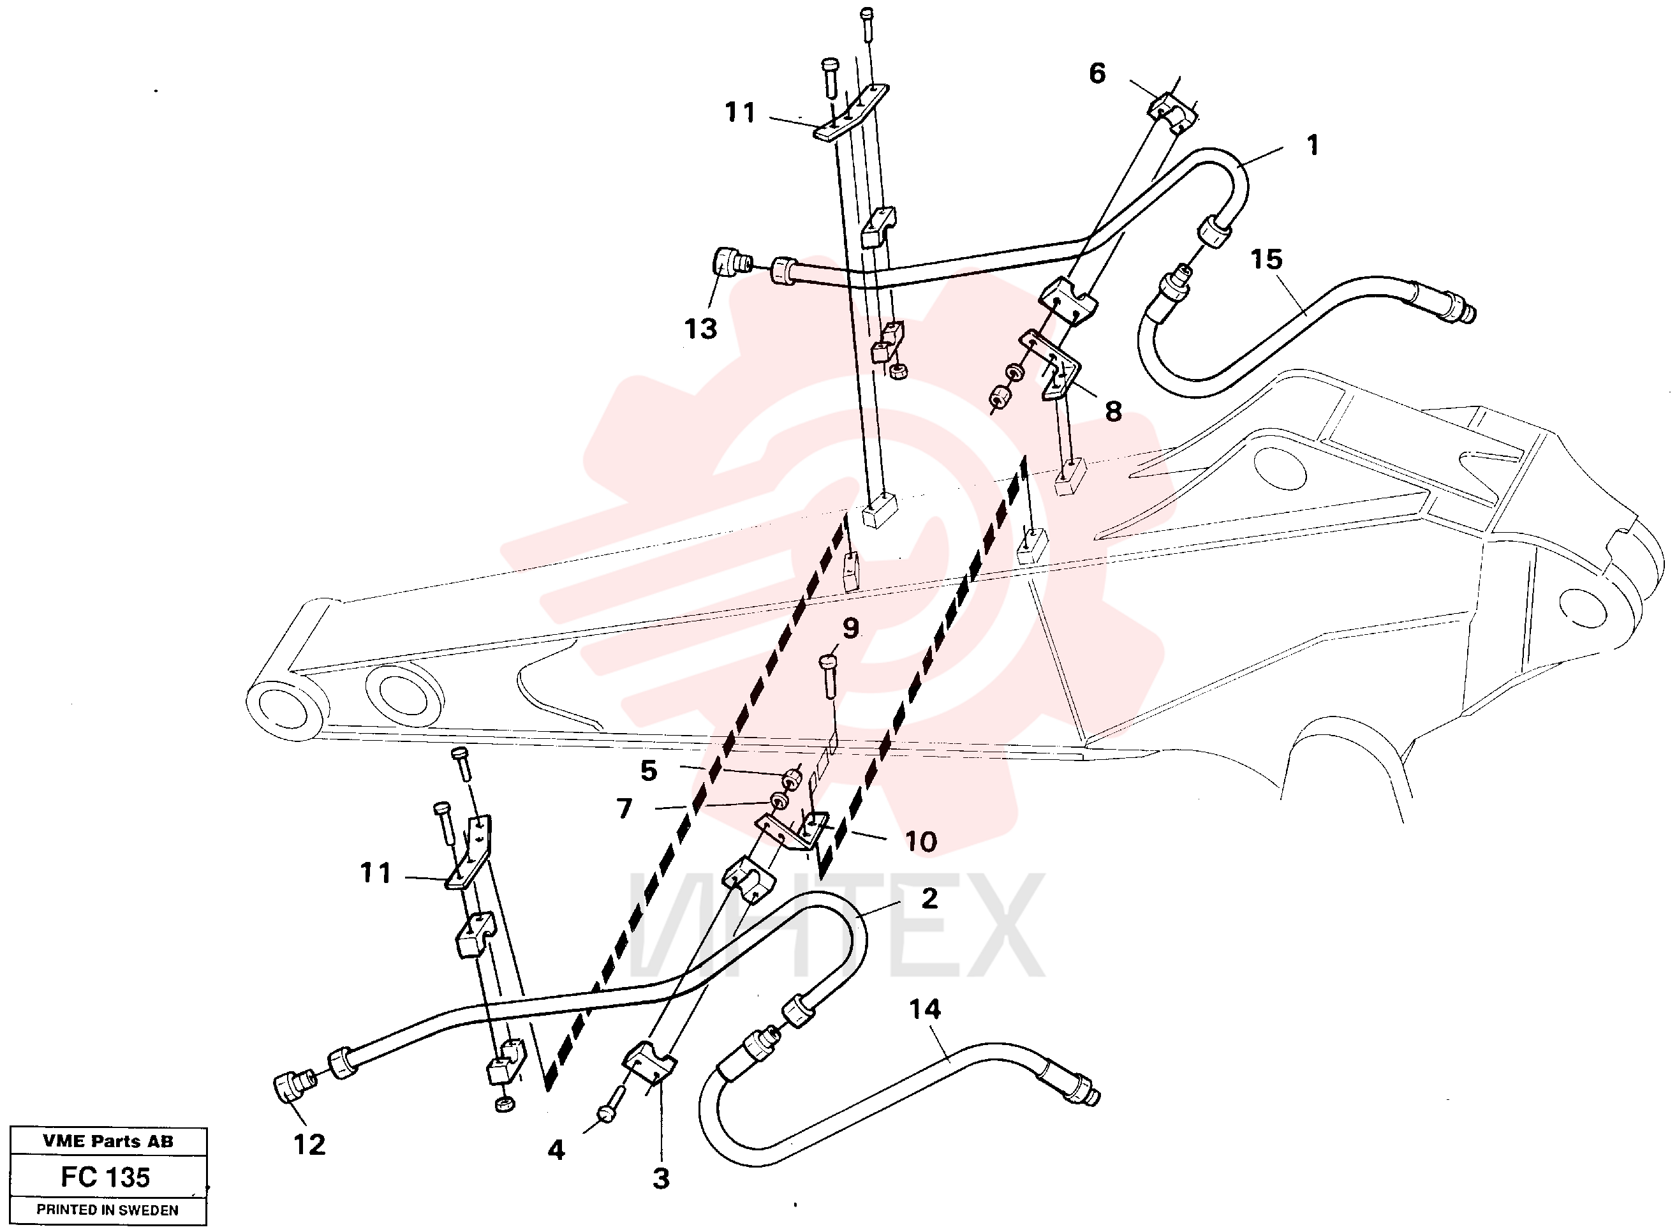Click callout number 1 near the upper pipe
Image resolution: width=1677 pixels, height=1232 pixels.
click(x=1313, y=145)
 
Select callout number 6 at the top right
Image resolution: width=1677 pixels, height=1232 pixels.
click(x=1097, y=73)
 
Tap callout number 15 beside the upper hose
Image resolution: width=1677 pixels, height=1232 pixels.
click(x=1266, y=260)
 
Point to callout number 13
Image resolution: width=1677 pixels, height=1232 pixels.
click(x=701, y=329)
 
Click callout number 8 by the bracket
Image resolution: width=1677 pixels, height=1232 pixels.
click(x=1113, y=411)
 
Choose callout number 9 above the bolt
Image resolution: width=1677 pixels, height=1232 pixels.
click(x=851, y=628)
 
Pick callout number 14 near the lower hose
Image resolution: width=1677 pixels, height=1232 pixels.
click(x=925, y=1010)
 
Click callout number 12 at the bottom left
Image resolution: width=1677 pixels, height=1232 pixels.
click(x=309, y=1145)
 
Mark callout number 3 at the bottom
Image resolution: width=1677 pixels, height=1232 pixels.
click(x=661, y=1179)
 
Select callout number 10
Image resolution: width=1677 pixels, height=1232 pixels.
click(x=921, y=842)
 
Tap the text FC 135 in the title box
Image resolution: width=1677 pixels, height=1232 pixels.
click(x=105, y=1178)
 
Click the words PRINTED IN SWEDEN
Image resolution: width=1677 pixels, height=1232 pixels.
click(x=107, y=1210)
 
